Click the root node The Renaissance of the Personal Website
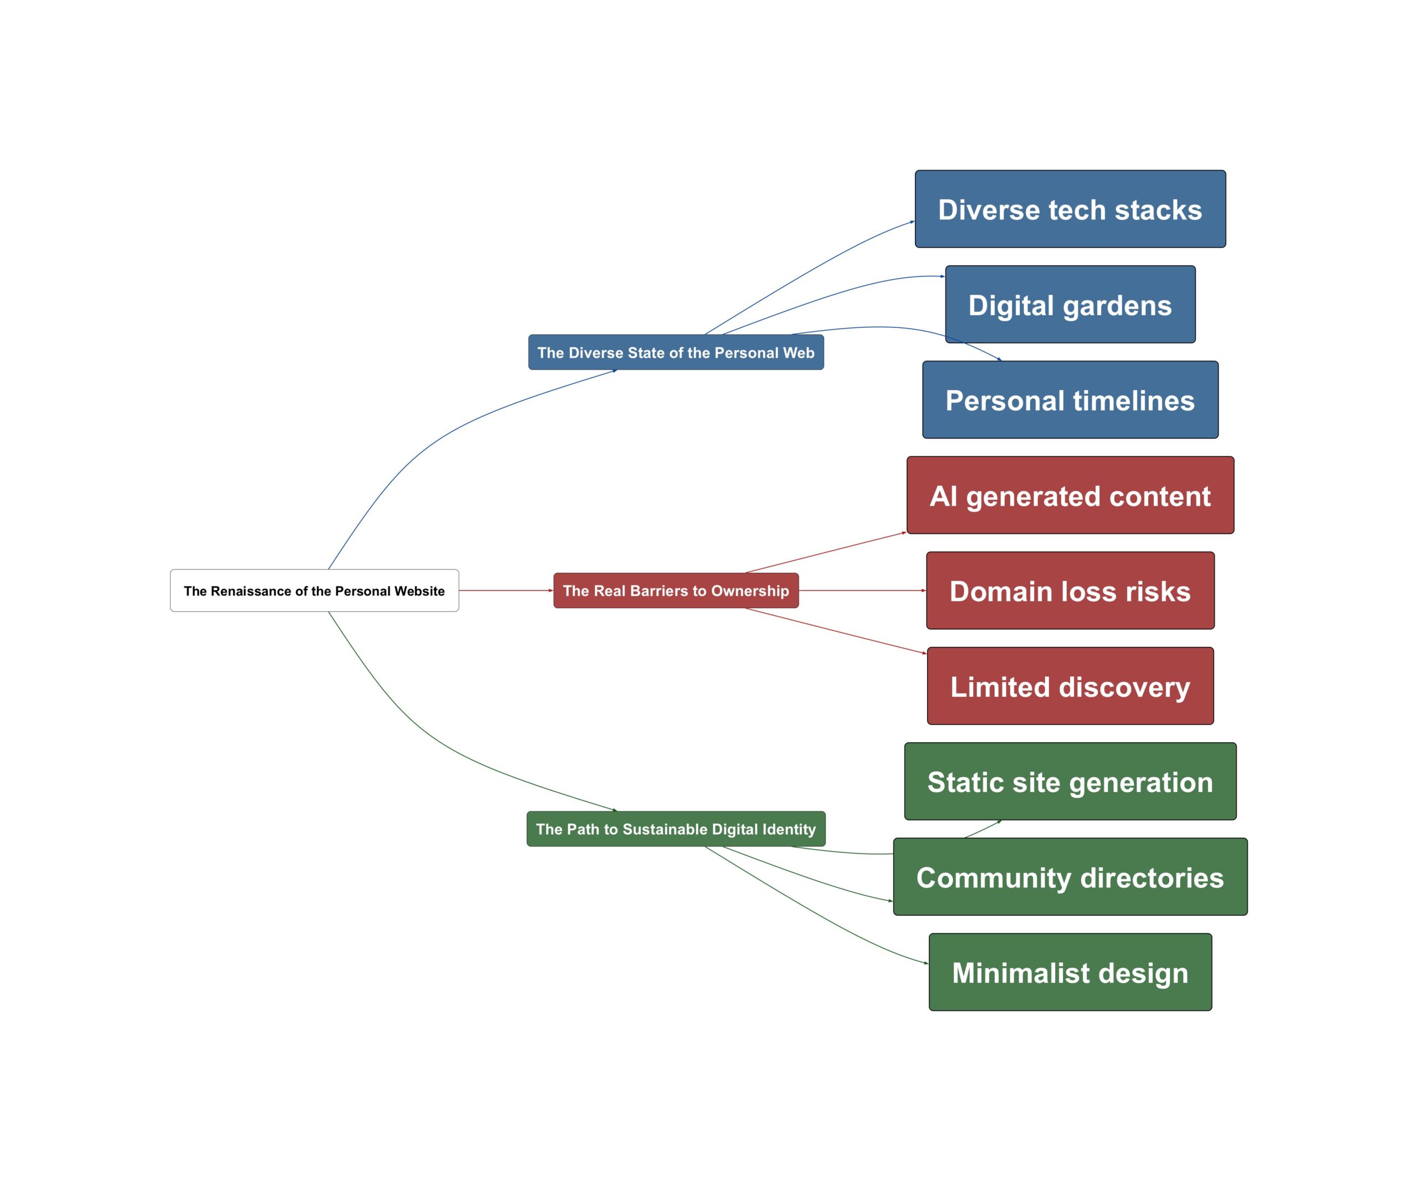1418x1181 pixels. coord(314,591)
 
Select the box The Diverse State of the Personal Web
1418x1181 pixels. coord(676,352)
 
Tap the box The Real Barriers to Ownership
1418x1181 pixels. coord(676,591)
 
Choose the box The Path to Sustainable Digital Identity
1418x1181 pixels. coord(676,829)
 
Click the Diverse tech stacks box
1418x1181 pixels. coord(1070,209)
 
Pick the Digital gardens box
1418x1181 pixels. coord(1070,305)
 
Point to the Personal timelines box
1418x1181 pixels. coord(1070,400)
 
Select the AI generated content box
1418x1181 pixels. coord(1070,496)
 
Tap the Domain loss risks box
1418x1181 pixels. coord(1070,591)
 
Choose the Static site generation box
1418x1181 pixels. coord(1070,782)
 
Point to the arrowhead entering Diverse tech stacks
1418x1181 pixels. coord(913,222)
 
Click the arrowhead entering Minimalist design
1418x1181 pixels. coord(927,963)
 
